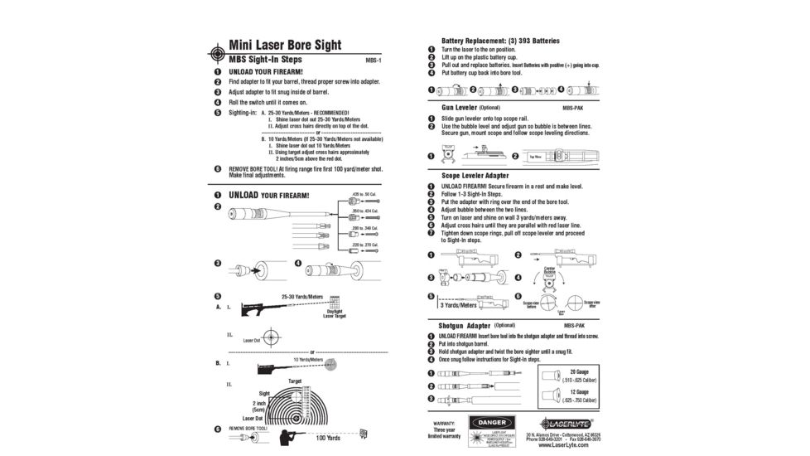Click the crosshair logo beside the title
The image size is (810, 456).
tap(215, 51)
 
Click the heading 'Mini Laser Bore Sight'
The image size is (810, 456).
tap(285, 45)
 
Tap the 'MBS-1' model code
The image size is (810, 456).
tap(374, 61)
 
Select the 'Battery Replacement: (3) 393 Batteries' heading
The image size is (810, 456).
tap(500, 41)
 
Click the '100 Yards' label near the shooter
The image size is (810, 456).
tap(328, 438)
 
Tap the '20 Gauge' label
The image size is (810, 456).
tap(579, 371)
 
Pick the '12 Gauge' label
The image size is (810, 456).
tap(579, 391)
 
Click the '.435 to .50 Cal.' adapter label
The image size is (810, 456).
tap(364, 193)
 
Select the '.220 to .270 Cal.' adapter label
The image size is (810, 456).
tap(364, 245)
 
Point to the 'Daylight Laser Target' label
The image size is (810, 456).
tap(335, 313)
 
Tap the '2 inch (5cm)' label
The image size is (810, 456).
tap(258, 406)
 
